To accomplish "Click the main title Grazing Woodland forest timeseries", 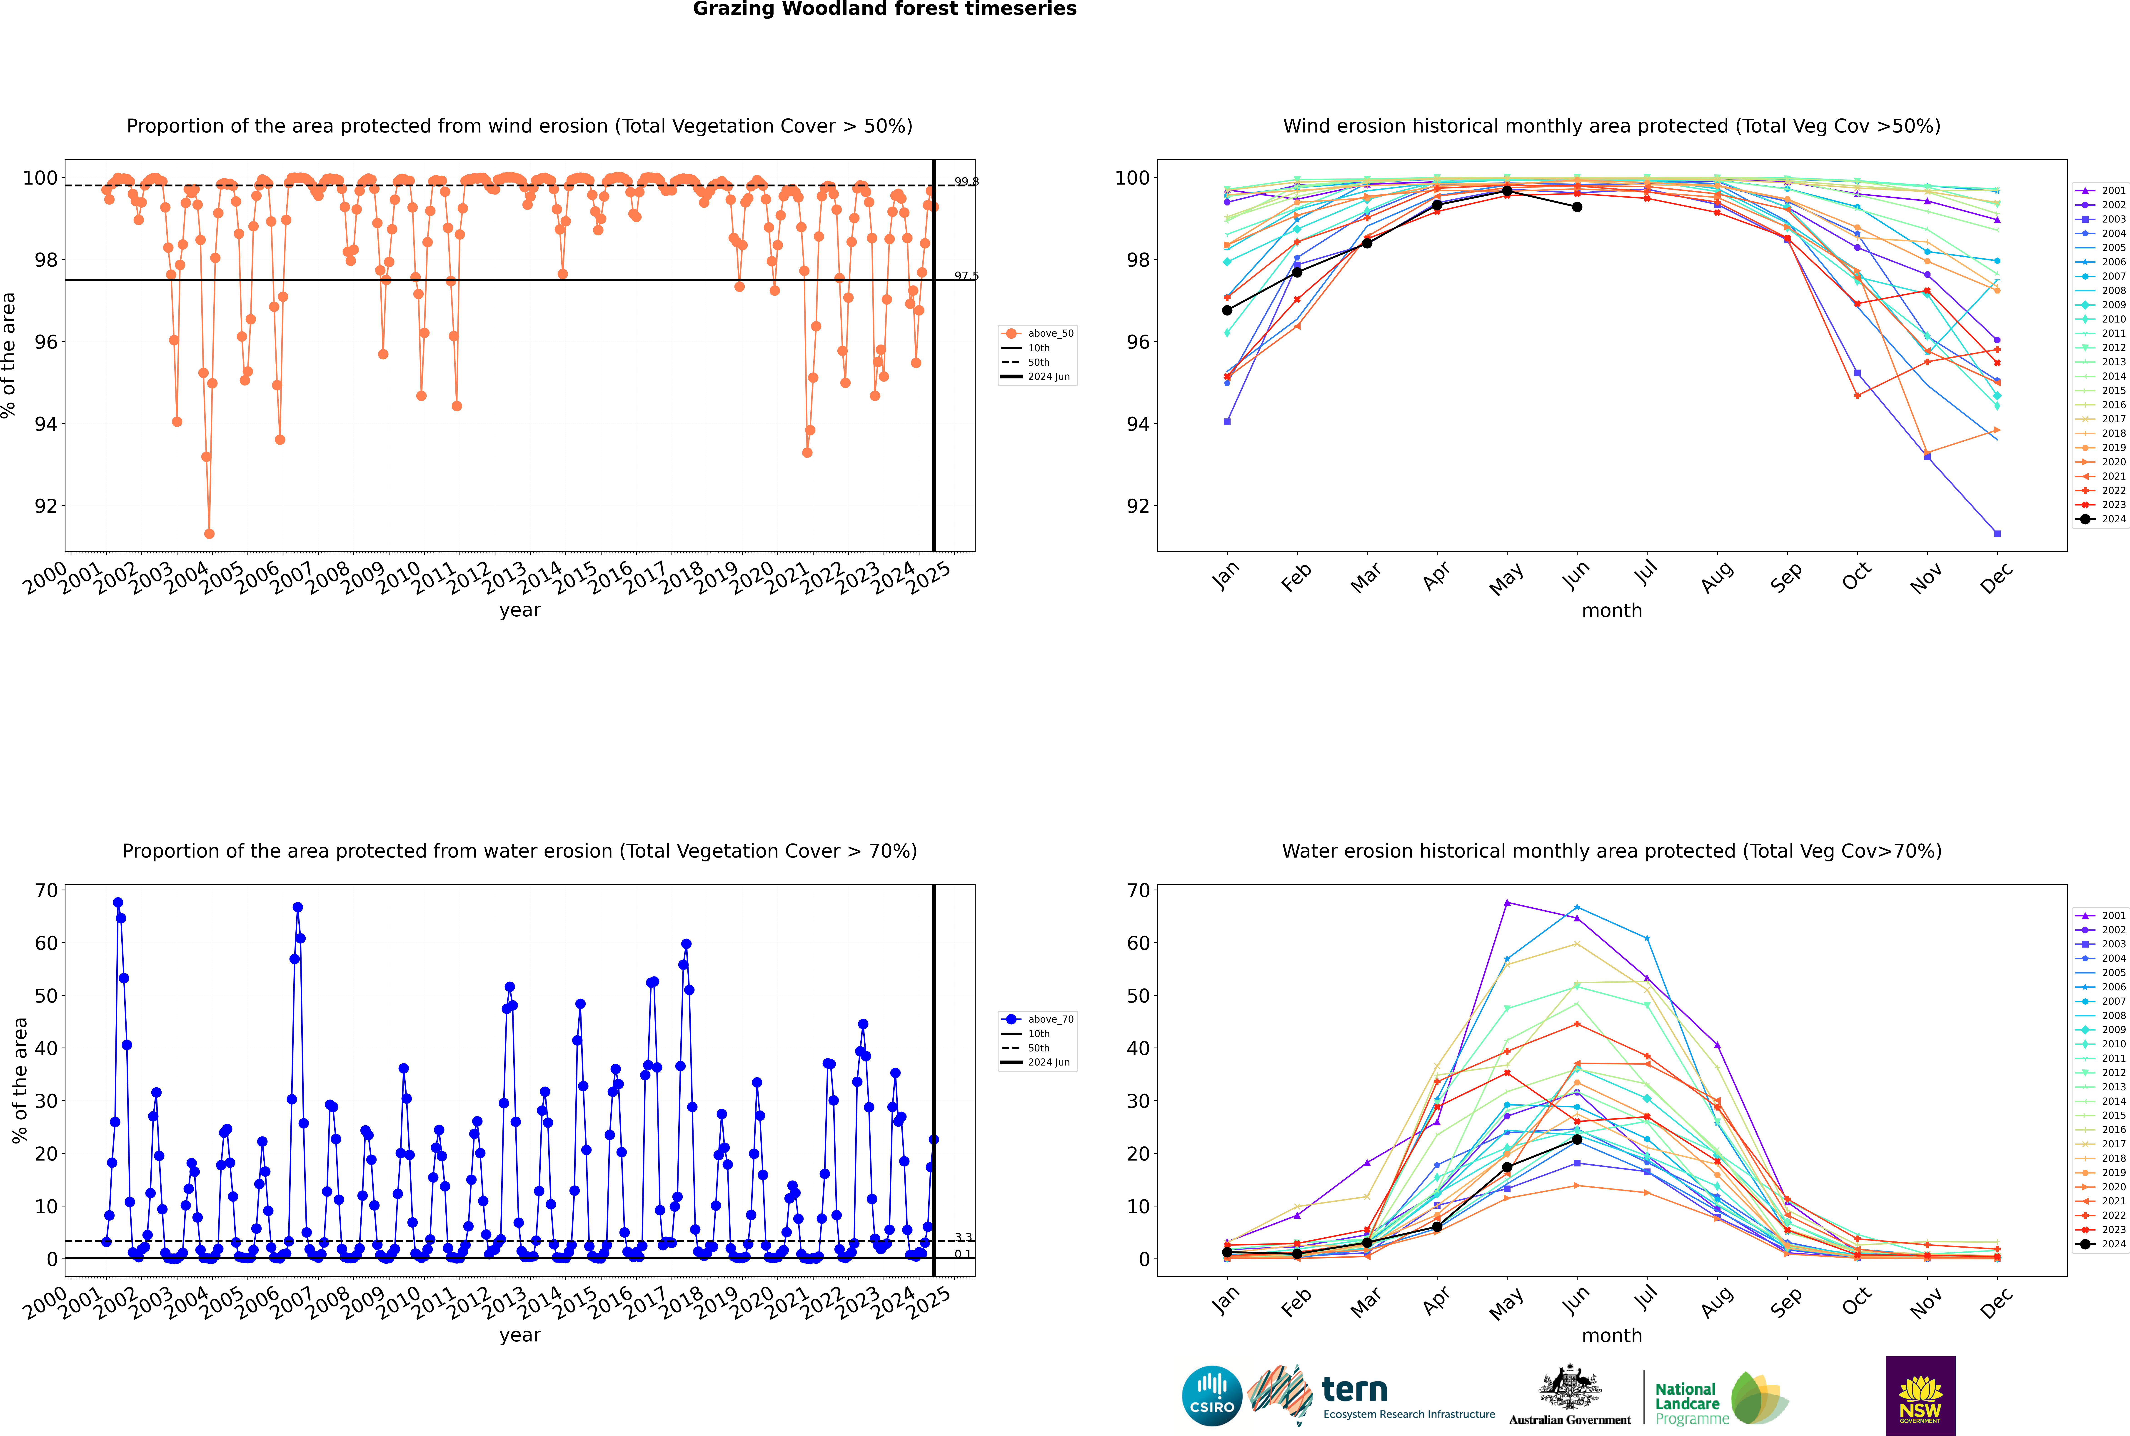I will [885, 9].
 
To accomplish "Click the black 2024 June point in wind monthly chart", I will [1577, 207].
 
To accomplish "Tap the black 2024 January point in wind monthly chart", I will [1227, 310].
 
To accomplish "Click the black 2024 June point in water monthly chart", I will [1577, 1139].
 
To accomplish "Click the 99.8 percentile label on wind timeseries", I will [966, 181].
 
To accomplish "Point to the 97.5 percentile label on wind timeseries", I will [966, 276].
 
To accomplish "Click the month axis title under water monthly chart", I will [1612, 1335].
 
